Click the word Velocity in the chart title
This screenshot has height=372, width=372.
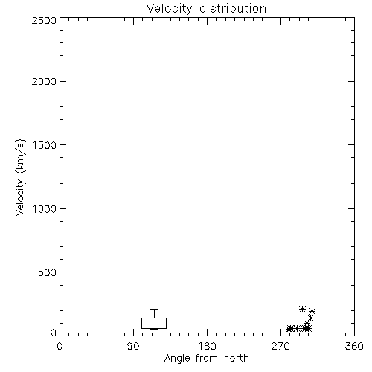pos(170,9)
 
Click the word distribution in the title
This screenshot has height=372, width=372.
pos(233,8)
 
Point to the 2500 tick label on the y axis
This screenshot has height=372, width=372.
pos(44,20)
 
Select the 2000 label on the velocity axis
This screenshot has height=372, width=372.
pos(44,82)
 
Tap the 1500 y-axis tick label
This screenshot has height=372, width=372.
pos(45,145)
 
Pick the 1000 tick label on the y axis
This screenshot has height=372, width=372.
pos(45,209)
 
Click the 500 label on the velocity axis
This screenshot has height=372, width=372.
pos(48,272)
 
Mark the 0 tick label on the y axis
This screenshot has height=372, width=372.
pos(54,333)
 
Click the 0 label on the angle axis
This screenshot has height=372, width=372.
pos(60,346)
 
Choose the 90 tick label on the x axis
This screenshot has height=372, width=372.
pos(133,346)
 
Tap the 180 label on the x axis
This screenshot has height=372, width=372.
pos(207,346)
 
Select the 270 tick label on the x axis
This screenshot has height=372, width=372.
pos(280,346)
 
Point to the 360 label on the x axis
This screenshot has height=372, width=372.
pos(354,346)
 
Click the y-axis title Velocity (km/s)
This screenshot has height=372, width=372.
pos(20,177)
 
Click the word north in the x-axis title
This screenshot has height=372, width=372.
pos(237,359)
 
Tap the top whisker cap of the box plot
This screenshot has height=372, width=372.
pos(154,309)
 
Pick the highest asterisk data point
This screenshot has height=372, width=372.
pos(302,309)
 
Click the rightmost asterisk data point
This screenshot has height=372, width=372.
pos(312,311)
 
